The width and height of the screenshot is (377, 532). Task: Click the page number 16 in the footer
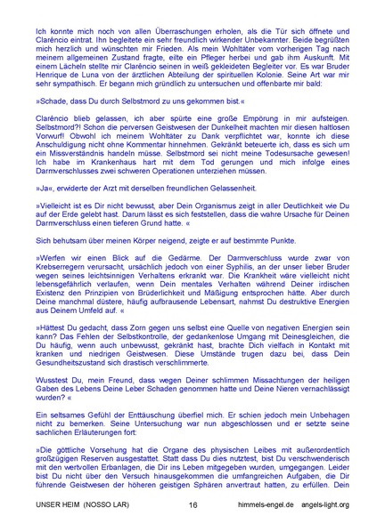click(x=193, y=504)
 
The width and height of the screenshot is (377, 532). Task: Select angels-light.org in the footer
click(x=329, y=504)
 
